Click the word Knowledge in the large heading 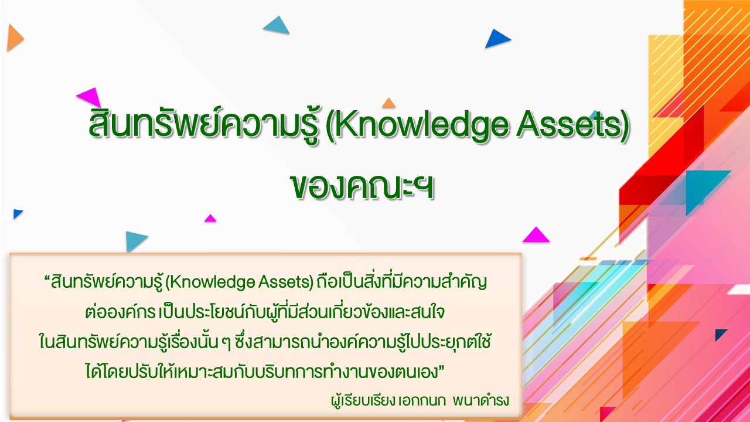421,125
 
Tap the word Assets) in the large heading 573,125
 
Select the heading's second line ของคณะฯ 362,186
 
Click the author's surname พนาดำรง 481,400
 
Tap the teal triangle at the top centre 277,26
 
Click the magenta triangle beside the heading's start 90,97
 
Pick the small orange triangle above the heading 388,103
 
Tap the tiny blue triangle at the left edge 17,213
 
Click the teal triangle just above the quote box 135,240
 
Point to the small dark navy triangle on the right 720,334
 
